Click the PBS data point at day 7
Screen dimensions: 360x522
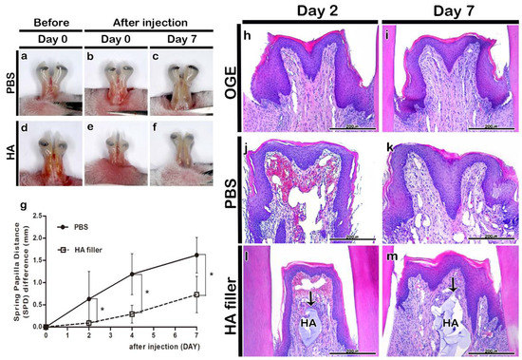pos(196,255)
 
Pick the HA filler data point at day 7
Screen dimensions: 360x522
pos(196,294)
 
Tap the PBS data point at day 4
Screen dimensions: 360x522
pos(133,275)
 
